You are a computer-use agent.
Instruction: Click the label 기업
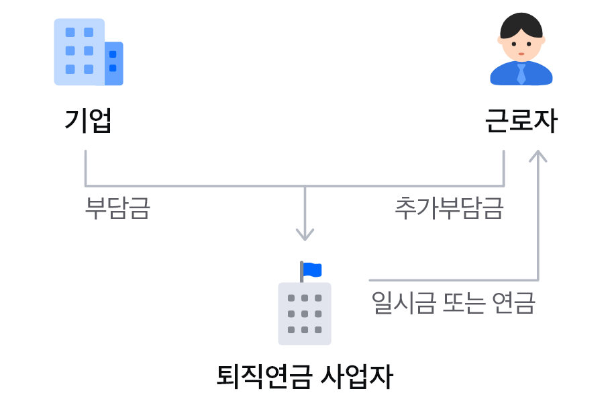pyautogui.click(x=88, y=121)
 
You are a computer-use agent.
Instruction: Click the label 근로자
pyautogui.click(x=521, y=121)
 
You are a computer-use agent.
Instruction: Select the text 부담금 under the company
pyautogui.click(x=117, y=208)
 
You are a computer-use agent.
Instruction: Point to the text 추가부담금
pyautogui.click(x=449, y=208)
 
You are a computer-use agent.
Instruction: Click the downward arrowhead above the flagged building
pyautogui.click(x=305, y=235)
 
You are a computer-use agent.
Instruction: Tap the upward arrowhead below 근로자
pyautogui.click(x=538, y=156)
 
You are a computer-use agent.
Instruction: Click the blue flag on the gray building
pyautogui.click(x=312, y=269)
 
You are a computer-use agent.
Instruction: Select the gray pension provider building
pyautogui.click(x=305, y=314)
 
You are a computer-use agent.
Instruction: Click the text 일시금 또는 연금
pyautogui.click(x=453, y=302)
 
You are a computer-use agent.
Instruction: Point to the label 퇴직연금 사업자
pyautogui.click(x=305, y=376)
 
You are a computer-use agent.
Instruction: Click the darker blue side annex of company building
pyautogui.click(x=114, y=64)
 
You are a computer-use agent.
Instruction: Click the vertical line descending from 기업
pyautogui.click(x=86, y=168)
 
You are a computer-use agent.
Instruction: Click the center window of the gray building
pyautogui.click(x=305, y=314)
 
